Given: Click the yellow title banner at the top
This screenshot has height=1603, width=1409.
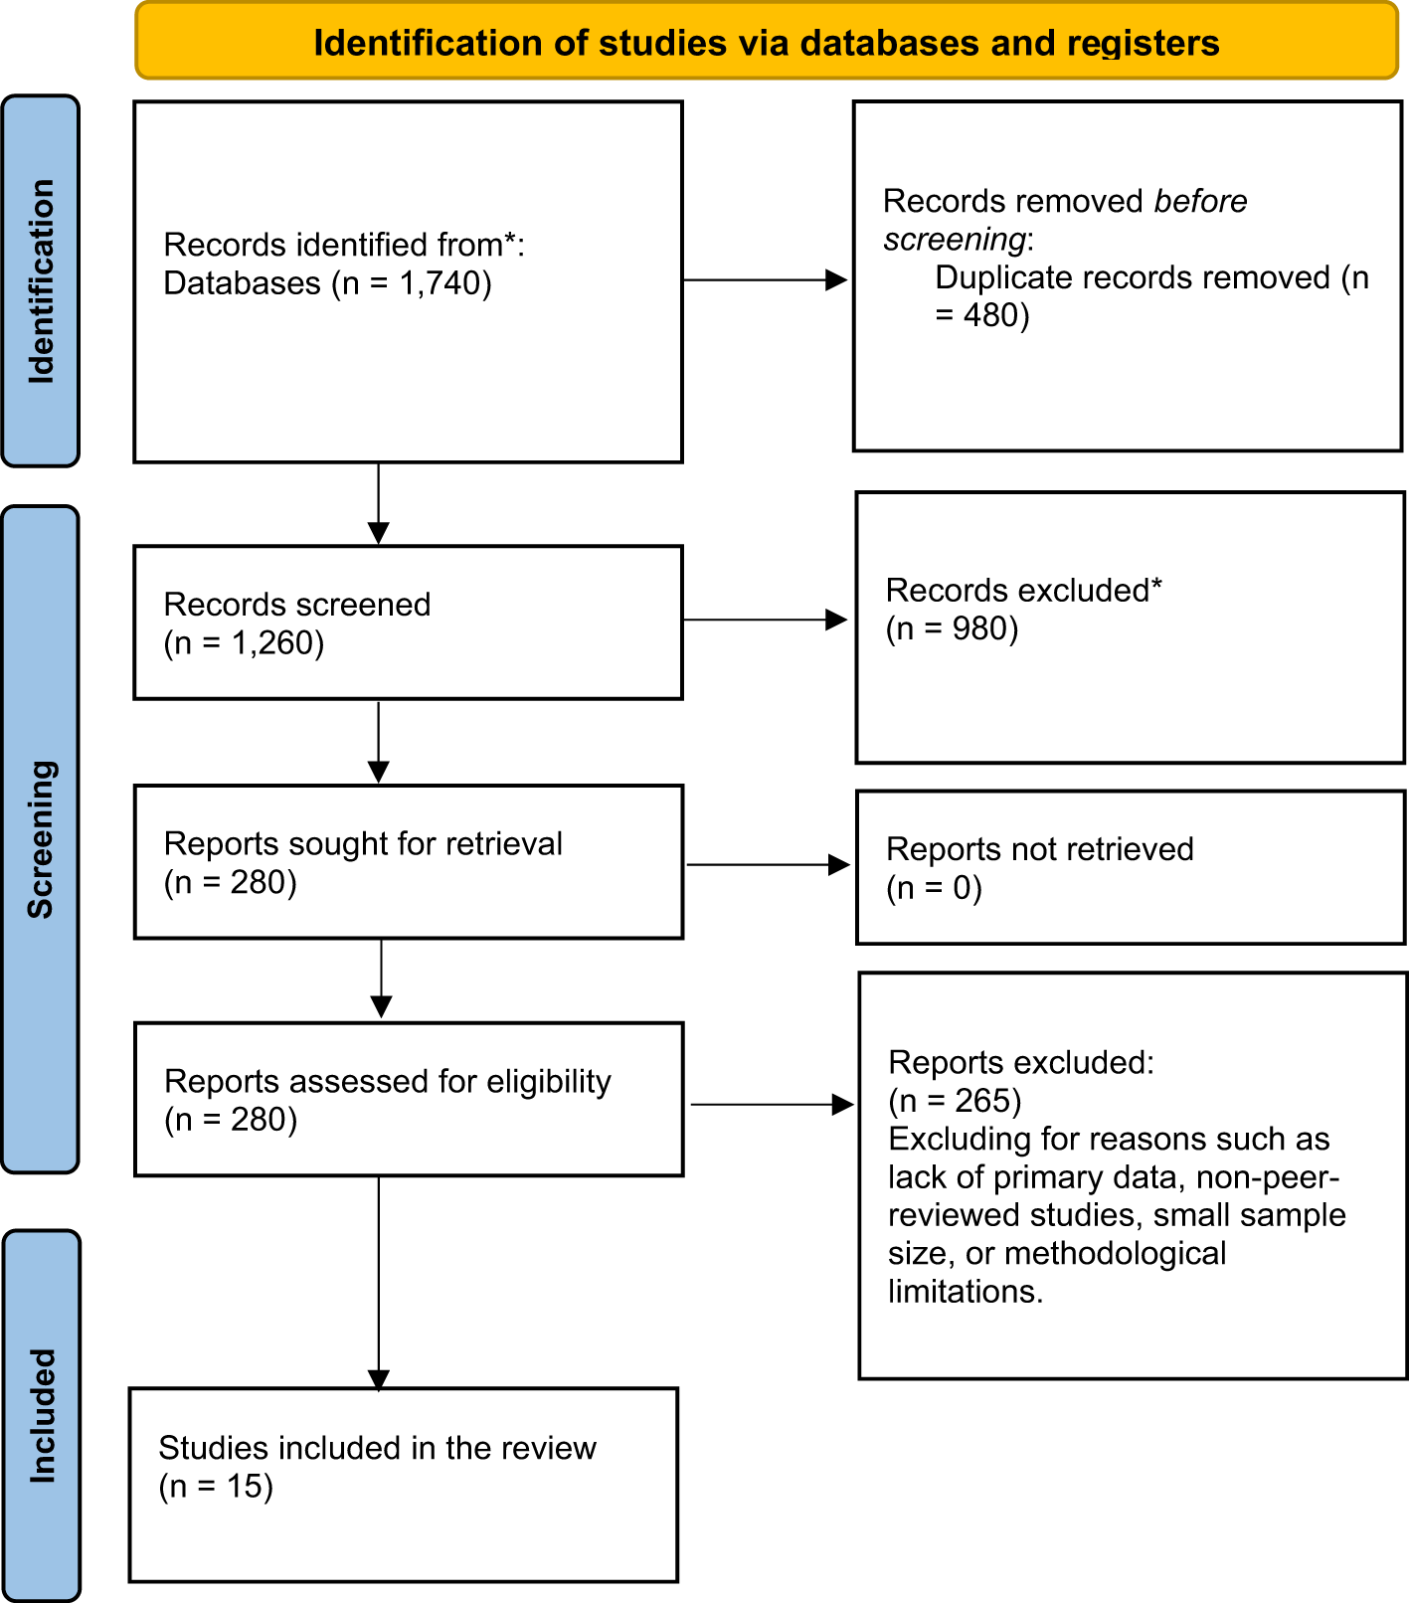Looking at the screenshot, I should (766, 42).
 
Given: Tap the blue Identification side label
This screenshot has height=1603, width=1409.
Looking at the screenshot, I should (41, 281).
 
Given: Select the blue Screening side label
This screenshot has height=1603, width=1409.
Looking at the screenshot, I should (41, 838).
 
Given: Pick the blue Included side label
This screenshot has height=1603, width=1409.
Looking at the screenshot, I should (42, 1416).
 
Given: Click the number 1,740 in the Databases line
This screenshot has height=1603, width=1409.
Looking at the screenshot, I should (440, 283).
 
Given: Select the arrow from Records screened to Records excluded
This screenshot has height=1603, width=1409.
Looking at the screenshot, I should (766, 620).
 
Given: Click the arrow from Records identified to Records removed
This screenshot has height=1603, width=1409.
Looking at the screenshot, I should (766, 280).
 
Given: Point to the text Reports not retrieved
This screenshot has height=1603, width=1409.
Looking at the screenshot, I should (1039, 849).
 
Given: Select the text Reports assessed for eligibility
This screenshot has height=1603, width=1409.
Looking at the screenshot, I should (388, 1081).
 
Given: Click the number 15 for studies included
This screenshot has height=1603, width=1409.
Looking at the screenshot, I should (244, 1487).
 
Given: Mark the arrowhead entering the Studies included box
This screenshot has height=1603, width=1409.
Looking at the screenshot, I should (379, 1379).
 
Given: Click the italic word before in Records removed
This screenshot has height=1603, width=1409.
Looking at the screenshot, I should (1200, 201).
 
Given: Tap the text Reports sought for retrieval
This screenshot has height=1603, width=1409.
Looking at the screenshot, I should (363, 843).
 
